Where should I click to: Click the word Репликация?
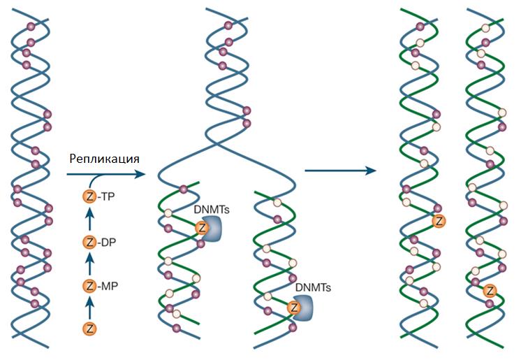pos(104,159)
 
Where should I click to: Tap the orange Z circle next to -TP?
pos(89,196)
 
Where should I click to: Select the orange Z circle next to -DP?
pos(89,243)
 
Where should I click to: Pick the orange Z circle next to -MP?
pos(89,286)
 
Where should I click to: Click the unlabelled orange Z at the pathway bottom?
pos(89,329)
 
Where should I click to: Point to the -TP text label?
pos(106,196)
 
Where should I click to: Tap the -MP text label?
pos(108,286)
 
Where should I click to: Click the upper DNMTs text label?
pos(212,209)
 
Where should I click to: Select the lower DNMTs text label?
pos(313,287)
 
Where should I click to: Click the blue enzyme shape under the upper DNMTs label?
pos(212,229)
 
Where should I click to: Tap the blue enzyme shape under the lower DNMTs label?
pos(303,308)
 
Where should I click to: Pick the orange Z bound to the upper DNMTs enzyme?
pos(202,228)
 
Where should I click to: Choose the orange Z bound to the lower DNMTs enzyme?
pos(294,308)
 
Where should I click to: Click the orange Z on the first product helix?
pos(439,222)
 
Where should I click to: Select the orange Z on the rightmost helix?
pos(490,291)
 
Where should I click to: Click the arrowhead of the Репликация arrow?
pos(141,174)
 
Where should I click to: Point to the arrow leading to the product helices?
pos(341,171)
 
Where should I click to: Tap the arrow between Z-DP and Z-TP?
pos(89,219)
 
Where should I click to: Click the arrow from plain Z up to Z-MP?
pos(89,307)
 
